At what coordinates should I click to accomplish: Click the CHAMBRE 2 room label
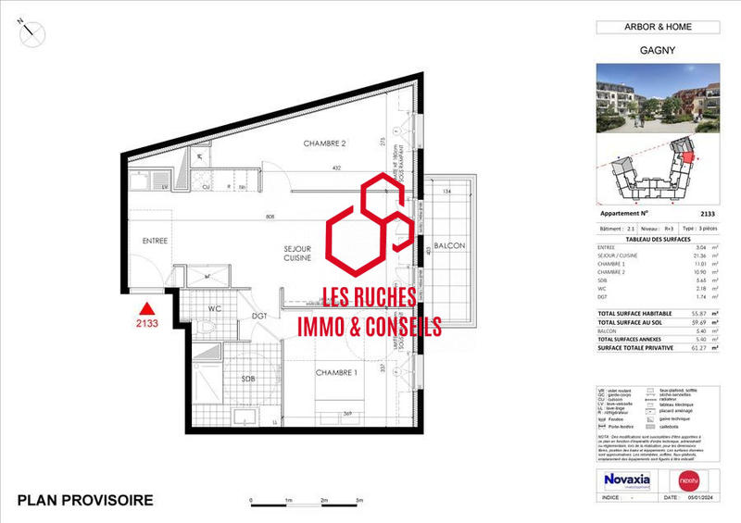324,143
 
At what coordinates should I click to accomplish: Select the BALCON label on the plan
447,245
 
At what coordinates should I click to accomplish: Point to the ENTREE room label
155,241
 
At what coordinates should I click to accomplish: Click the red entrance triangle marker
145,310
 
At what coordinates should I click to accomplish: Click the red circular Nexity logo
687,479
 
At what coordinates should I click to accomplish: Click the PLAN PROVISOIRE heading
85,501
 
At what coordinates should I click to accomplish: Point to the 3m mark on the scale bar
359,499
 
